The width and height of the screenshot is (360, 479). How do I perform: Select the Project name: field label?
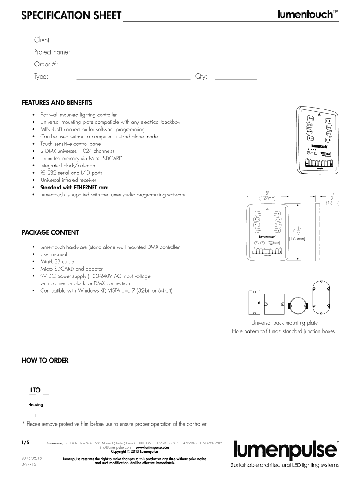tap(52, 52)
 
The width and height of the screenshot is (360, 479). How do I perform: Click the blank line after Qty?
tap(236, 79)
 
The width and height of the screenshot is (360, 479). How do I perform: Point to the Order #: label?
tap(46, 64)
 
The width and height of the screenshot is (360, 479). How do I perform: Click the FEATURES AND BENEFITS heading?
tap(57, 102)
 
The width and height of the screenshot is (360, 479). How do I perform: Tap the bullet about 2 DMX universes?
tap(77, 151)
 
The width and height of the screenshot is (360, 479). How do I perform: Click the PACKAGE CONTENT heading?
tap(50, 232)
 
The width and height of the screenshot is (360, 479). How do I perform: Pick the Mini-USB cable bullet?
tap(57, 261)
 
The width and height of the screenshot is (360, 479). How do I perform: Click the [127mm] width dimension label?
tap(267, 198)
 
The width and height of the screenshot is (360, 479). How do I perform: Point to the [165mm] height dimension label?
tap(297, 238)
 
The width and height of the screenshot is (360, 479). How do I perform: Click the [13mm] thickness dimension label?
tap(333, 203)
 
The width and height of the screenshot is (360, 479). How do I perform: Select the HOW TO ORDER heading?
tap(45, 360)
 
